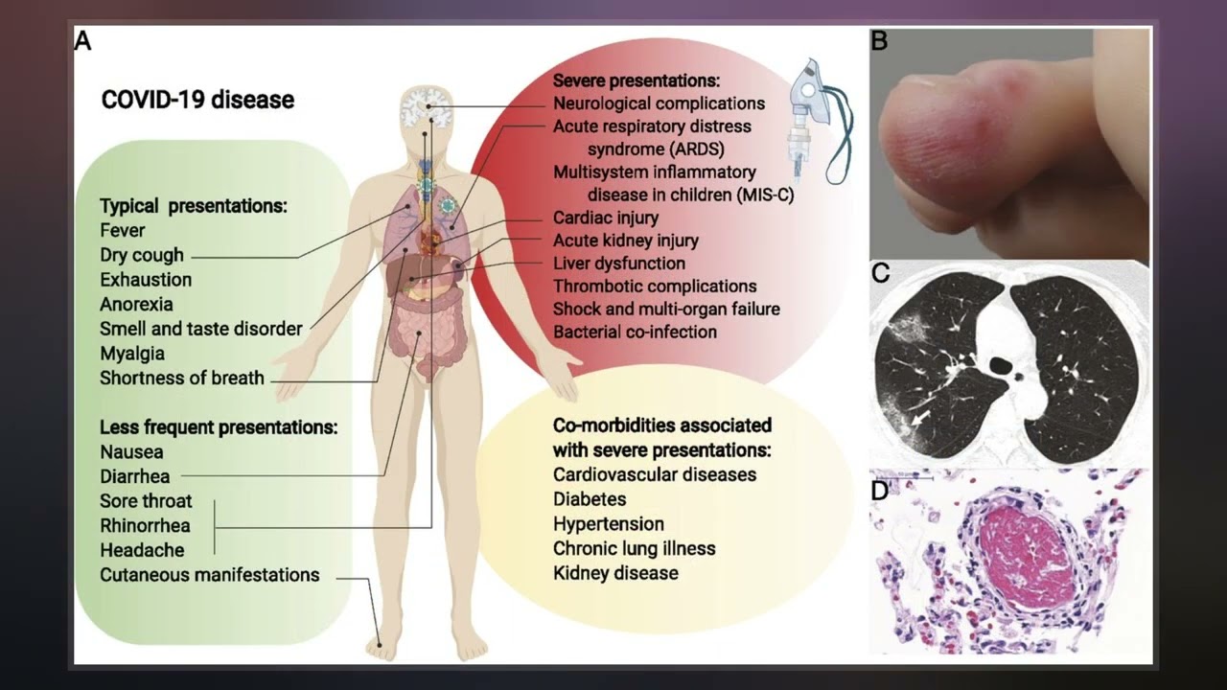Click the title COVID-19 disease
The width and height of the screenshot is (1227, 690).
point(197,100)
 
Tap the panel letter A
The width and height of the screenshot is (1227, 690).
point(83,41)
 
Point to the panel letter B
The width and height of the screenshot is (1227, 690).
point(879,41)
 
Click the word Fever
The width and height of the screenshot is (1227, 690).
point(123,230)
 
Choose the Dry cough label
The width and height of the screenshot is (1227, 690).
point(141,255)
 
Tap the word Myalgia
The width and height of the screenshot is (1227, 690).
point(132,353)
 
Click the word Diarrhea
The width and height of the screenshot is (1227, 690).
point(135,476)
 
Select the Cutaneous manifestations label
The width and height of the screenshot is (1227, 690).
point(209,575)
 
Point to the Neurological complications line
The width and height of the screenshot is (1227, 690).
point(659,103)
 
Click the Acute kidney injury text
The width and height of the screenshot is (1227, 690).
point(625,241)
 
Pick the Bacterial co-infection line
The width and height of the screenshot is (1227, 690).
point(635,332)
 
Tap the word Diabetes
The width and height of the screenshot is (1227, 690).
point(590,498)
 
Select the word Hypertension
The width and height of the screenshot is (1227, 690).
point(608,523)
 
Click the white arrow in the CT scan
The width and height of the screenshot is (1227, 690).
point(920,419)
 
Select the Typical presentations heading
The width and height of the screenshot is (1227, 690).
point(194,205)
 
